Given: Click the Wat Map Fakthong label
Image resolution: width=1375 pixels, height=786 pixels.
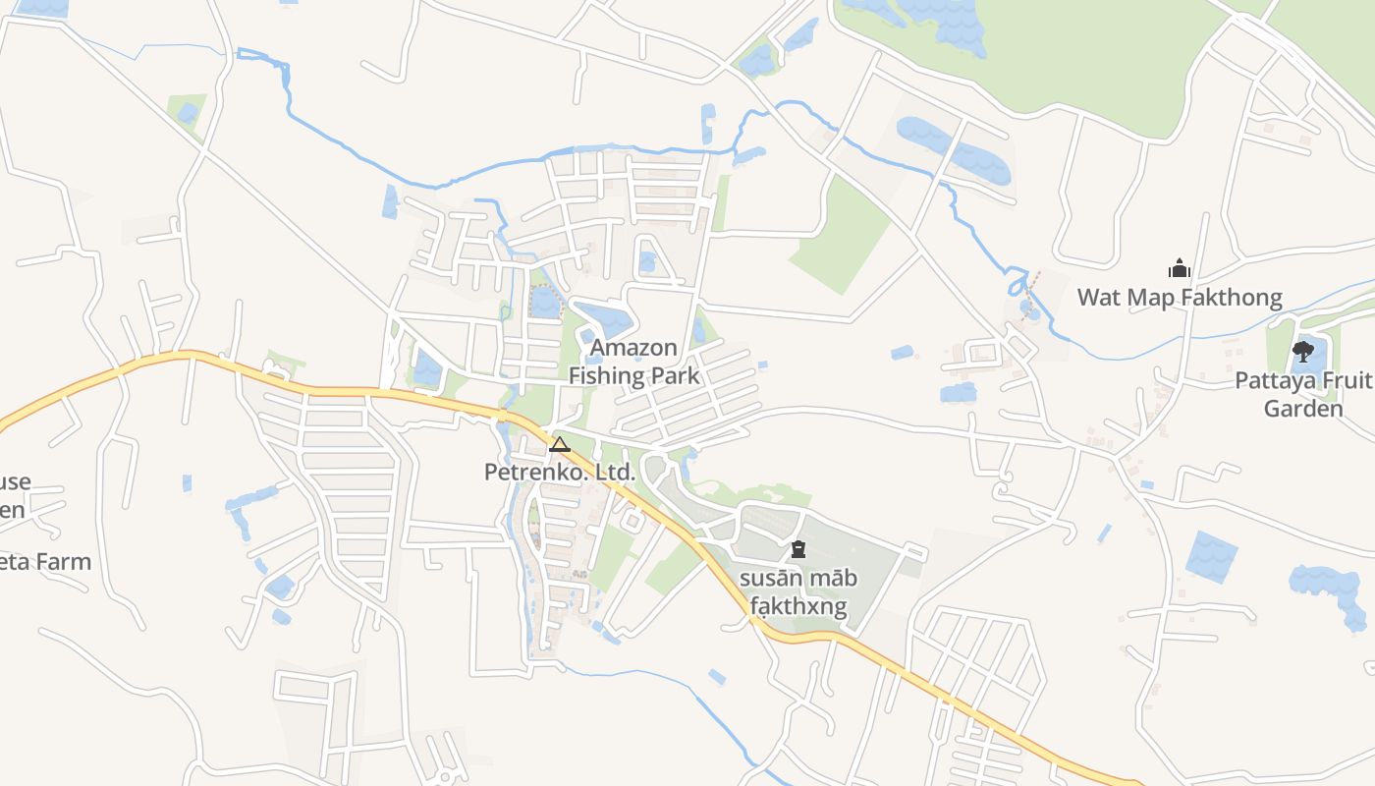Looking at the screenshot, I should click(x=1180, y=297).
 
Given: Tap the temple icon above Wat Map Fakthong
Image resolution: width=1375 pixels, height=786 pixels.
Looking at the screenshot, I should click(x=1179, y=267).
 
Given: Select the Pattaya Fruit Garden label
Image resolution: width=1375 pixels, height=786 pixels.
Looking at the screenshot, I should click(x=1302, y=394).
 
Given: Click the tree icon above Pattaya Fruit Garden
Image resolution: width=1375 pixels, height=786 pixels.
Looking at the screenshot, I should click(x=1303, y=351).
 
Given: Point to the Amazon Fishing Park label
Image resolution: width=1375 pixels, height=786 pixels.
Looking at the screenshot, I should click(x=633, y=362).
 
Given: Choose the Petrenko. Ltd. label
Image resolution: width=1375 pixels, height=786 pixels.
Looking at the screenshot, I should click(x=560, y=473).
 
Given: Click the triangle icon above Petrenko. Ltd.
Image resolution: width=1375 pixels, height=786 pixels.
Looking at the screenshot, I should click(x=560, y=445).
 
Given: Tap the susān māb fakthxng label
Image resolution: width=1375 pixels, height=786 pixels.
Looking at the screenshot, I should click(x=797, y=591).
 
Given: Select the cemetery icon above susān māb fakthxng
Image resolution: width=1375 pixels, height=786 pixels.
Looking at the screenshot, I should click(x=797, y=549).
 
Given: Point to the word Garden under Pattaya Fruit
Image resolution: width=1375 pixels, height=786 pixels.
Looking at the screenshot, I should click(x=1302, y=409).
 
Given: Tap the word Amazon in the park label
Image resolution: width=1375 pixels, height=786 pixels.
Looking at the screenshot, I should click(x=633, y=348).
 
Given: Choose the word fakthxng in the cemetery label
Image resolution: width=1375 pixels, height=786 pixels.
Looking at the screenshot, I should click(x=797, y=606).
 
